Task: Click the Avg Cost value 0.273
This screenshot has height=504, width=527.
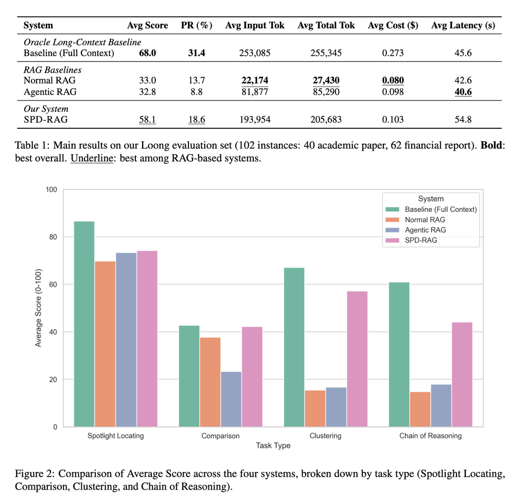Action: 393,53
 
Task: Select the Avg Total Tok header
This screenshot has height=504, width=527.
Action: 326,25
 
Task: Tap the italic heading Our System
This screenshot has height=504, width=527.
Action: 46,109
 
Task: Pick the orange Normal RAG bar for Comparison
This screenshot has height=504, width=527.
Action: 210,382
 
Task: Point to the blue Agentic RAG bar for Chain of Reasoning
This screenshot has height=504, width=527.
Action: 441,406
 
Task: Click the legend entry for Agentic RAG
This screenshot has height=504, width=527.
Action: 425,230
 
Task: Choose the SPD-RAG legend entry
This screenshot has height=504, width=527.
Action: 420,240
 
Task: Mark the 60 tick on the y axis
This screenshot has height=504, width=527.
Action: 53,284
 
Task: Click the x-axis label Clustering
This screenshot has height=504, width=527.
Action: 325,436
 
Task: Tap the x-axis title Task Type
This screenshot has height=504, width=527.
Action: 273,446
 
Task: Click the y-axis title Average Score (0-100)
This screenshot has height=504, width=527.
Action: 39,308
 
